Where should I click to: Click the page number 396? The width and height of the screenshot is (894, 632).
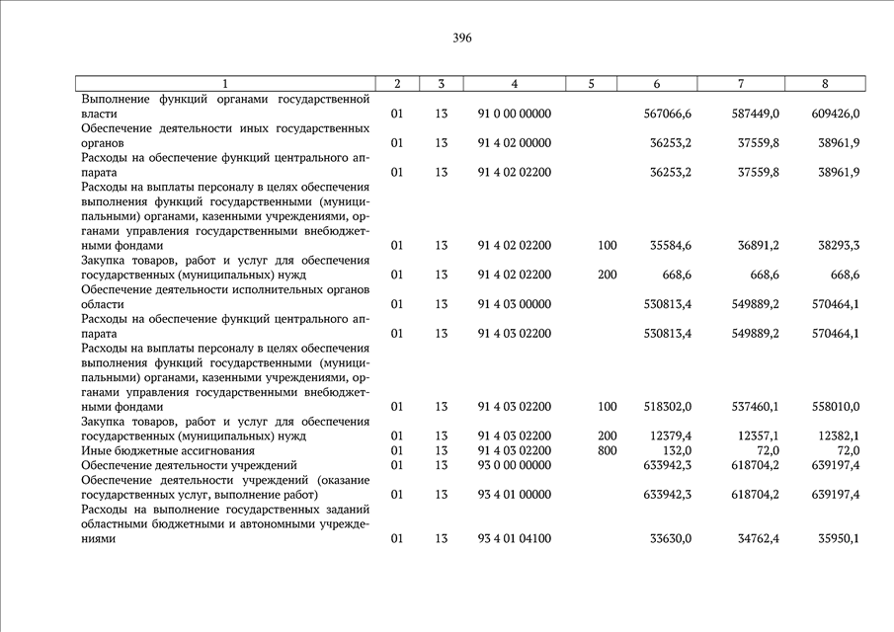(x=462, y=39)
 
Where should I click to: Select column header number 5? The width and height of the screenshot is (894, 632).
(x=591, y=84)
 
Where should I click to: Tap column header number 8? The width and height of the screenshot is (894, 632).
(x=825, y=84)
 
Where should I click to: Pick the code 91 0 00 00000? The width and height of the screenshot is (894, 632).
(x=515, y=114)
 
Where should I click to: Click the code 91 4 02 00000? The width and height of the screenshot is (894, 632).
(x=515, y=143)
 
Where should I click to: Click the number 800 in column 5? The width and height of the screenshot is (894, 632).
(x=608, y=450)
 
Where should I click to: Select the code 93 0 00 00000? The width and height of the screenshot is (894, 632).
(x=515, y=465)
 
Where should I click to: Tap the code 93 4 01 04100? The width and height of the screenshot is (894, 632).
(x=515, y=539)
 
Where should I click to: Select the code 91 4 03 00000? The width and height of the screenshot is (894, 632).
(x=515, y=304)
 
